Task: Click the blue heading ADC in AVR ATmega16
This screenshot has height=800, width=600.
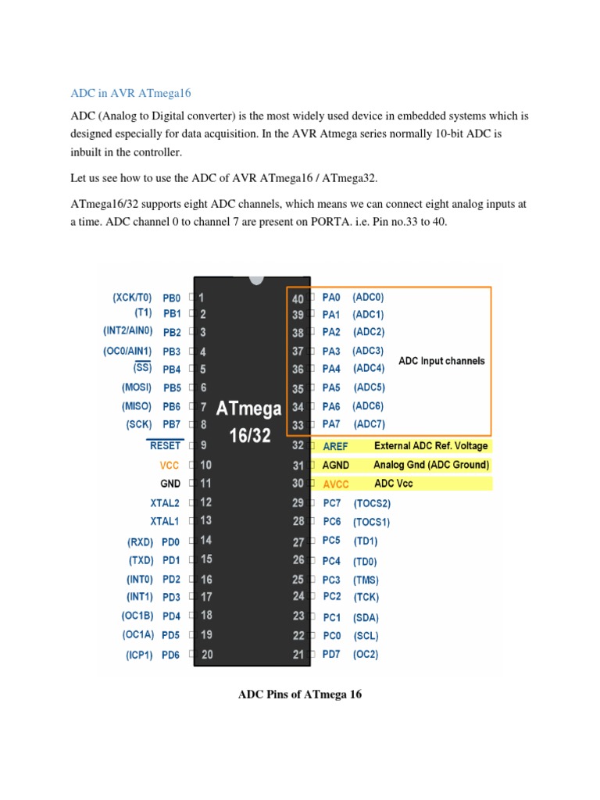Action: (x=130, y=94)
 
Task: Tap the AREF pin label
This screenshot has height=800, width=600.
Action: (x=335, y=446)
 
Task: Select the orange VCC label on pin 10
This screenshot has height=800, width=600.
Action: (x=170, y=465)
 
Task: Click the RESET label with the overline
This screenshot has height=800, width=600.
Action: (x=165, y=445)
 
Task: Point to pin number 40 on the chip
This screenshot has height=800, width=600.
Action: (x=297, y=298)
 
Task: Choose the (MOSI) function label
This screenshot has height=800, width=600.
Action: (x=136, y=387)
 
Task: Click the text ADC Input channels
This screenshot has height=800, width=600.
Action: (x=441, y=361)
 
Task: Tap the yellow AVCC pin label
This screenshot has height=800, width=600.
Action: (x=336, y=484)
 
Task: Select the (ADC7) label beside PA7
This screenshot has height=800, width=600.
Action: (x=370, y=424)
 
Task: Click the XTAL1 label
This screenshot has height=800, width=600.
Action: (x=165, y=520)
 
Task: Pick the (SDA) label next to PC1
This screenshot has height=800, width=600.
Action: (x=366, y=617)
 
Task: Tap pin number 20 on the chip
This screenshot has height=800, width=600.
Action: (x=206, y=655)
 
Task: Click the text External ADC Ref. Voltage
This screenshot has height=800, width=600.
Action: (x=430, y=446)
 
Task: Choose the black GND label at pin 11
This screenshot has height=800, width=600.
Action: (x=171, y=484)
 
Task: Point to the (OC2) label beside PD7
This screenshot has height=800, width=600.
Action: (x=366, y=655)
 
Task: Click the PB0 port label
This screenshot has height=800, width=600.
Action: (x=171, y=298)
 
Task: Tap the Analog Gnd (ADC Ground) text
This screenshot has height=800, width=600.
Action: (x=431, y=465)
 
